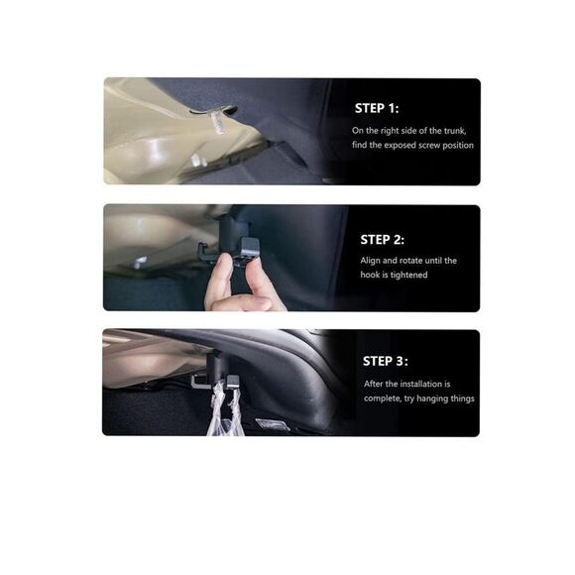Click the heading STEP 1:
377,108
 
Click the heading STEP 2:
382,240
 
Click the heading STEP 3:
385,361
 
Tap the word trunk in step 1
455,131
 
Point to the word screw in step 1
429,145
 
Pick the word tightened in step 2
408,275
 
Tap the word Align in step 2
370,261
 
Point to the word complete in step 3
383,399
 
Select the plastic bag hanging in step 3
224,410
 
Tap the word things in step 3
462,399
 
